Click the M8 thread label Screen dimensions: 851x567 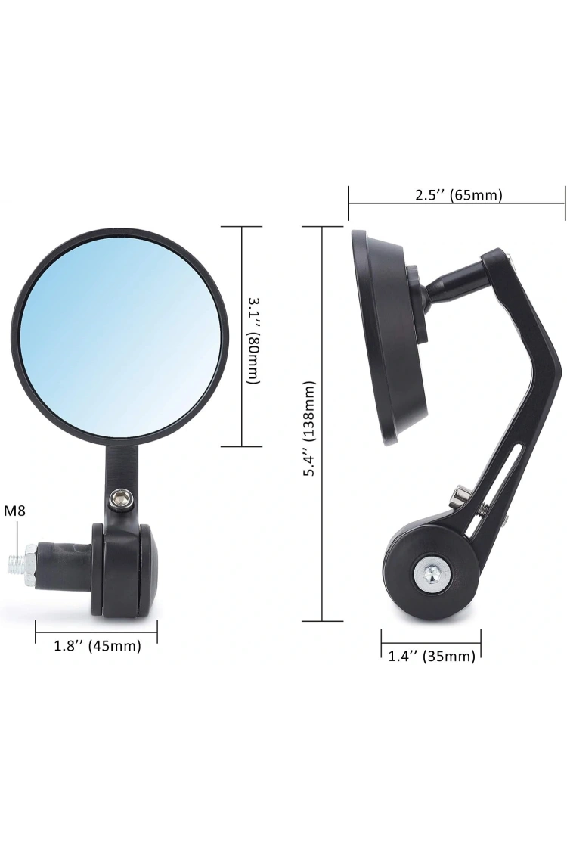(x=15, y=511)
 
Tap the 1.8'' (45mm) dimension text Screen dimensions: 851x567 (x=97, y=646)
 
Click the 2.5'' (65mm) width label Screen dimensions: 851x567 (x=458, y=194)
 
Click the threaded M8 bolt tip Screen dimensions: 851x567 (x=16, y=563)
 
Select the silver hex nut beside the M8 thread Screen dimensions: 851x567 (x=29, y=563)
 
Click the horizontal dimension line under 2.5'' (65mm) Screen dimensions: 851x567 (x=457, y=203)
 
